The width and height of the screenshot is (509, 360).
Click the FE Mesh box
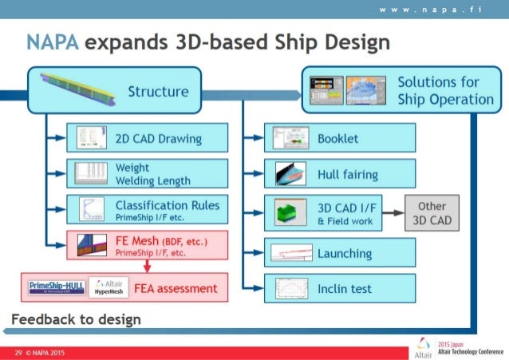148,245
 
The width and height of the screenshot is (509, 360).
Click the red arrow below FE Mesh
148,266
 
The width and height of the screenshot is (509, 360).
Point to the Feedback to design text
76,320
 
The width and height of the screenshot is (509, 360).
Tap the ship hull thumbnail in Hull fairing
286,173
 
